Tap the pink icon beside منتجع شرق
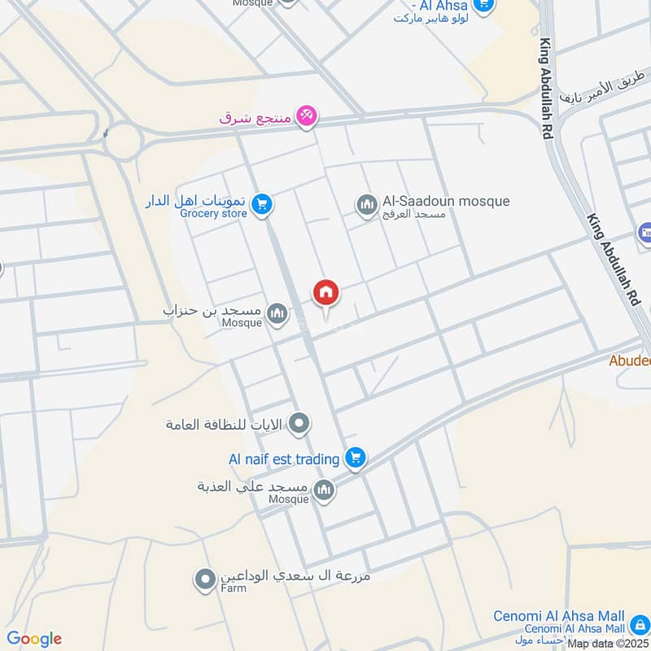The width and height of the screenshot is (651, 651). [306, 116]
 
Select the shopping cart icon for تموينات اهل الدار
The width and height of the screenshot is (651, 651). [261, 203]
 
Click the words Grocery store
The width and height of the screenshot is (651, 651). [213, 213]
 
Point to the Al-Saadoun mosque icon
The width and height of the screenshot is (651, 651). [366, 203]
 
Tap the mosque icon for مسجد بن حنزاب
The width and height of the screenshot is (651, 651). [277, 313]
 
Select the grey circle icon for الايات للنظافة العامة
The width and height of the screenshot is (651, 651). [300, 422]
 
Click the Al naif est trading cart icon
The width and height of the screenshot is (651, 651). [354, 458]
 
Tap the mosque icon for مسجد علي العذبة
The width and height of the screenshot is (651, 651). [324, 489]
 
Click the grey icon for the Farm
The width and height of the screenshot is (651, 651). [203, 580]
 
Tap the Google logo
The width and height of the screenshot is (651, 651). [34, 639]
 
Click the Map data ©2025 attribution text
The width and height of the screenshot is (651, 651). [606, 644]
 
